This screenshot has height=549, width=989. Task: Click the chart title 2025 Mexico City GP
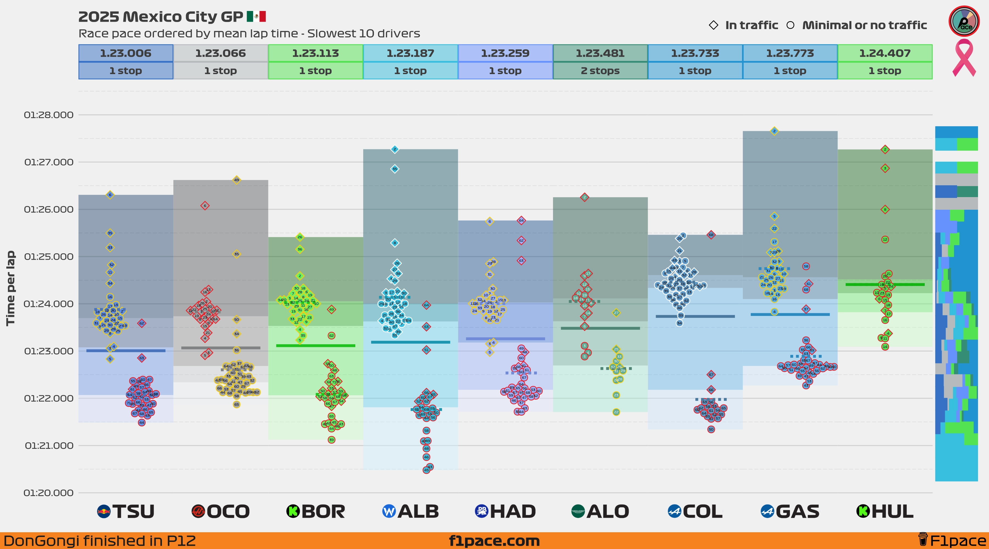pos(160,17)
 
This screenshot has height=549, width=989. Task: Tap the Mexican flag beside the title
pos(256,16)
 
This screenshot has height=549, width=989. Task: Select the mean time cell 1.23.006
pos(126,53)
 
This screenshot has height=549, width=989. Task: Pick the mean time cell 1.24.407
pos(885,53)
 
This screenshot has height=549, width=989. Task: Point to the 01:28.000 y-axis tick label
pos(49,115)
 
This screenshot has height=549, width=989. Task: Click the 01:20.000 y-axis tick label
pos(49,493)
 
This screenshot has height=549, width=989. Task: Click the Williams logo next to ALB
pos(389,511)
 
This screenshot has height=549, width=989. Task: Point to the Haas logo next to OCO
pos(198,511)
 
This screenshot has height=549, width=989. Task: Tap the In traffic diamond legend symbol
pos(713,25)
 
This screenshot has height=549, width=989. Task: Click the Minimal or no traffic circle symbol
pos(790,25)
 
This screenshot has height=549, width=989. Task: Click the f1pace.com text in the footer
pos(494,541)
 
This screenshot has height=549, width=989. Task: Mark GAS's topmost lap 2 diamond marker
pos(774,131)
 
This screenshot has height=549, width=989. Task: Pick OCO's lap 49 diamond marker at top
pos(237,180)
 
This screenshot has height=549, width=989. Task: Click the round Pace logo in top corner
pos(964,21)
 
